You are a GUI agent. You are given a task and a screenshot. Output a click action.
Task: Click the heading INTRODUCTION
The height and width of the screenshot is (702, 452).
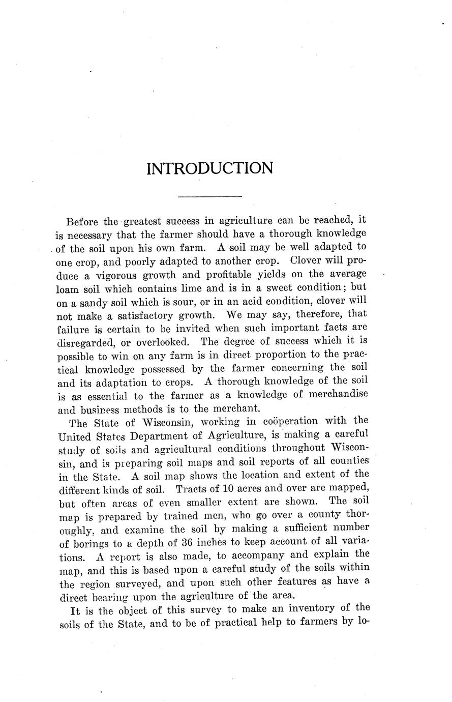click(209, 168)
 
